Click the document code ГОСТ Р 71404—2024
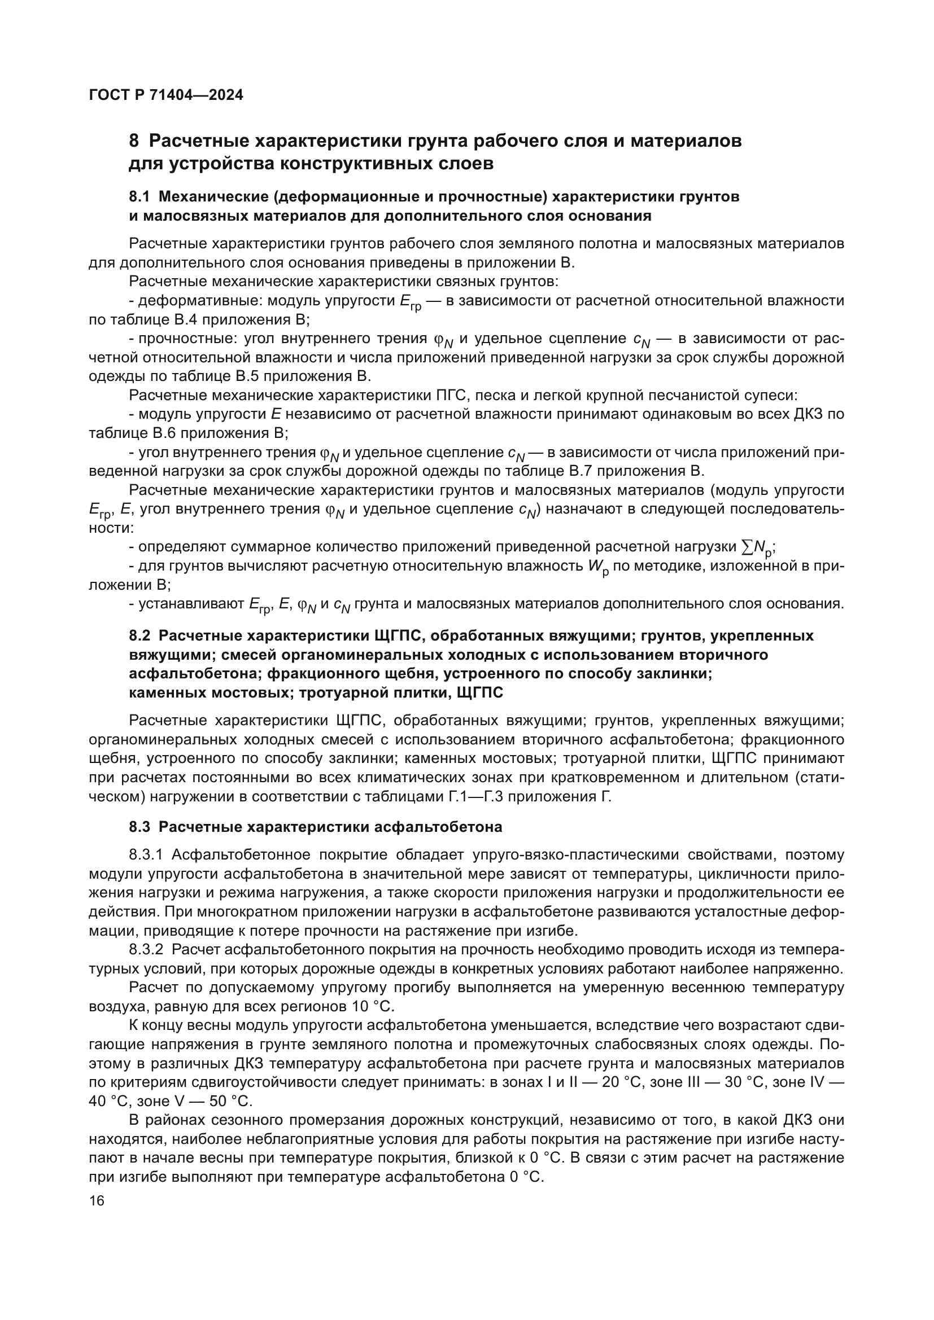(165, 95)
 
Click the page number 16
(97, 1201)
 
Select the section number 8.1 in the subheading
(139, 196)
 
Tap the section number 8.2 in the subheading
(139, 636)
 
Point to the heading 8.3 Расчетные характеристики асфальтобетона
(315, 827)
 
